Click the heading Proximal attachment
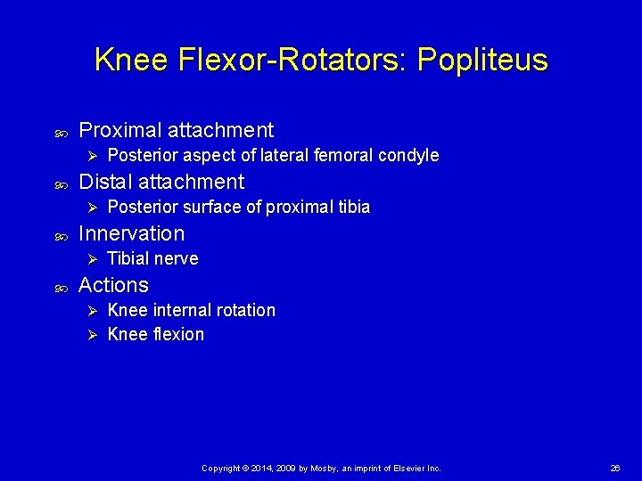[x=176, y=130]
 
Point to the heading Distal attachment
[x=160, y=182]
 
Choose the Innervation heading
[x=131, y=233]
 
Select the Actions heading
[x=113, y=285]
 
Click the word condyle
[x=408, y=156]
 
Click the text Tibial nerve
[x=152, y=259]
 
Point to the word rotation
[x=247, y=311]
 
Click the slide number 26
[x=614, y=468]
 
